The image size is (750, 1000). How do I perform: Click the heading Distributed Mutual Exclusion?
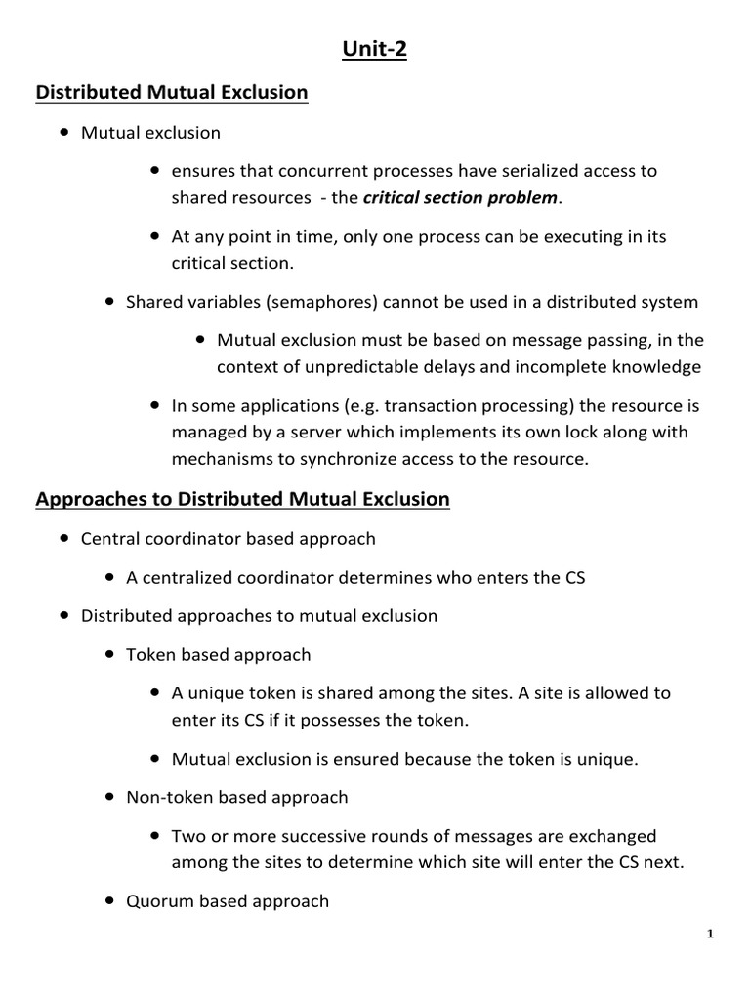[172, 93]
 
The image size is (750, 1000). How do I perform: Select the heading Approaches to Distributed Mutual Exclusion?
[242, 499]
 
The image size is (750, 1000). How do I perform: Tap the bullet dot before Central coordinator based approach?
[63, 538]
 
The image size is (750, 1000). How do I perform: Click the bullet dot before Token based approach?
[109, 655]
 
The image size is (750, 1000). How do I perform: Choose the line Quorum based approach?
[228, 901]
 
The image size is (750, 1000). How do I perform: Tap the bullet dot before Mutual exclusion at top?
[63, 132]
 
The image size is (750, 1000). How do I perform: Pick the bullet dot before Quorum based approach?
[109, 901]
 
